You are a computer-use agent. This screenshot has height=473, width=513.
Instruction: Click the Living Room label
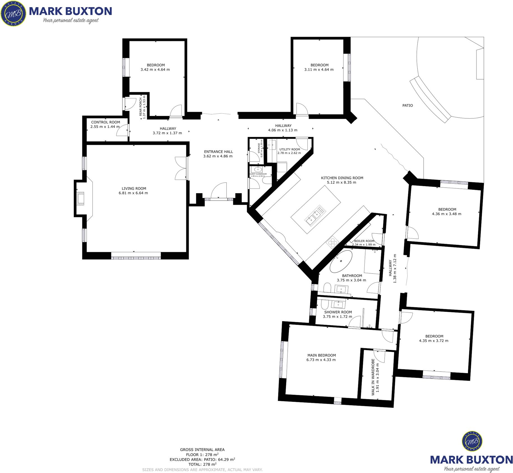[134, 188]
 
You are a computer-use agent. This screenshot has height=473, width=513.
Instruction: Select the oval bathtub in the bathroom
[341, 261]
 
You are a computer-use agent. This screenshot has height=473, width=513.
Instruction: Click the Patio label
[407, 105]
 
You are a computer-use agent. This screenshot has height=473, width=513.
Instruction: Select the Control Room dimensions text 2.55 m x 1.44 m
[105, 127]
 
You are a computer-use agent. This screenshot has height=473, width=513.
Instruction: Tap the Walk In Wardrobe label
[373, 377]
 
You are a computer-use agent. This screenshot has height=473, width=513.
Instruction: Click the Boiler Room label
[364, 241]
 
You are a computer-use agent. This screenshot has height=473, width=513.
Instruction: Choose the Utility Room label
[289, 149]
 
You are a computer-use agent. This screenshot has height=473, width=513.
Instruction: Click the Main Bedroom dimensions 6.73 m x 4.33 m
[321, 360]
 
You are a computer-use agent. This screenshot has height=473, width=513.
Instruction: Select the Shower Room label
[338, 312]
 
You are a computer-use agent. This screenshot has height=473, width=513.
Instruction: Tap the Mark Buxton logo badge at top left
[13, 13]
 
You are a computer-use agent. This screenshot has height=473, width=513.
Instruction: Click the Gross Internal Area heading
[202, 449]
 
